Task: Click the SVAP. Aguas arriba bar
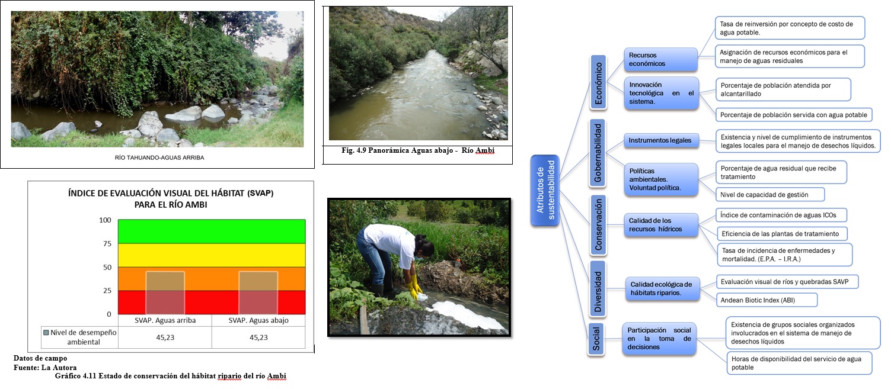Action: pos(165,293)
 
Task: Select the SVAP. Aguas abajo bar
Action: pos(258,293)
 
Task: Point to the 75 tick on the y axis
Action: pos(107,243)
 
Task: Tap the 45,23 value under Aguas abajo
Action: pos(258,337)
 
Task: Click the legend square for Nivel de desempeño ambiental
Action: pos(46,333)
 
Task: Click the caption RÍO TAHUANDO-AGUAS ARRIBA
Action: pos(159,157)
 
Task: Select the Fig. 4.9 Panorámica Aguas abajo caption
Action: pos(418,150)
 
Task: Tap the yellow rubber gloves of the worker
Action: pos(416,286)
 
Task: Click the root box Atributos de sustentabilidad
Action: pos(545,190)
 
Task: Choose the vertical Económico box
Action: pos(598,83)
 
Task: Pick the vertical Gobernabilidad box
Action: pos(597,153)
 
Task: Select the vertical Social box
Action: pos(596,339)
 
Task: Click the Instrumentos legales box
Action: pos(661,140)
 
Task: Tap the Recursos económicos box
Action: pos(661,59)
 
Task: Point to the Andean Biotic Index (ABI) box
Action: pos(767,300)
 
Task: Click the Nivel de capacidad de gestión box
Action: pos(770,194)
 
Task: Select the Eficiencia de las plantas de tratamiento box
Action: pos(781,234)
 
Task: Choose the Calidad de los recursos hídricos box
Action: pos(661,225)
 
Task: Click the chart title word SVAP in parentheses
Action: pos(260,194)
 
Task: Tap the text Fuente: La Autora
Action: pos(45,368)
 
